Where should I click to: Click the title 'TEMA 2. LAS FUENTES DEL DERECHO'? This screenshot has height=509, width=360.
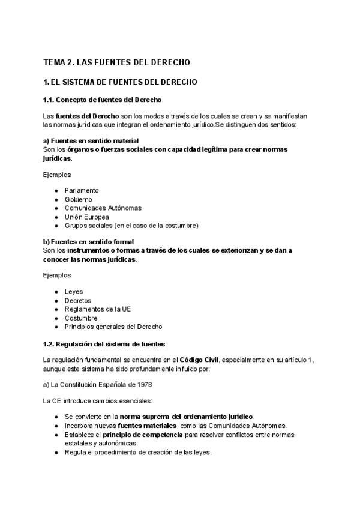click(x=116, y=62)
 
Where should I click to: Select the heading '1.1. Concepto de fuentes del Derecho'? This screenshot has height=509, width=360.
click(x=101, y=99)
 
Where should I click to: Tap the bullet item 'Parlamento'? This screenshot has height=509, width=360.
click(x=82, y=190)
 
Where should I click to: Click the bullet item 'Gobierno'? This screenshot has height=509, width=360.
click(x=79, y=199)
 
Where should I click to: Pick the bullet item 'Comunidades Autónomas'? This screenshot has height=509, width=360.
click(x=103, y=208)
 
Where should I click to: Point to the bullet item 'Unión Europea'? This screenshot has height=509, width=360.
click(x=86, y=217)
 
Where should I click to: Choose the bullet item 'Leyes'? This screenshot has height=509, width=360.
click(x=74, y=292)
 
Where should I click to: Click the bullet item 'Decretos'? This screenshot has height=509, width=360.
click(x=78, y=301)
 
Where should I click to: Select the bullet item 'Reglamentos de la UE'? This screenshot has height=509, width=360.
click(x=97, y=309)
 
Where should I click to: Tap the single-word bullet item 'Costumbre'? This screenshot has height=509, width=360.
click(x=81, y=318)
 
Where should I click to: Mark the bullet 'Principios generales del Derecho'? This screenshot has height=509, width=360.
click(x=113, y=327)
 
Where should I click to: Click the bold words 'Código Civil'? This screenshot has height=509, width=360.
click(x=200, y=359)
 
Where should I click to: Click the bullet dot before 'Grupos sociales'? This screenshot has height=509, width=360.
click(x=56, y=226)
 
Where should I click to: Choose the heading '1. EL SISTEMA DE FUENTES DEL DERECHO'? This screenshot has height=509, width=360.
click(x=120, y=82)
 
